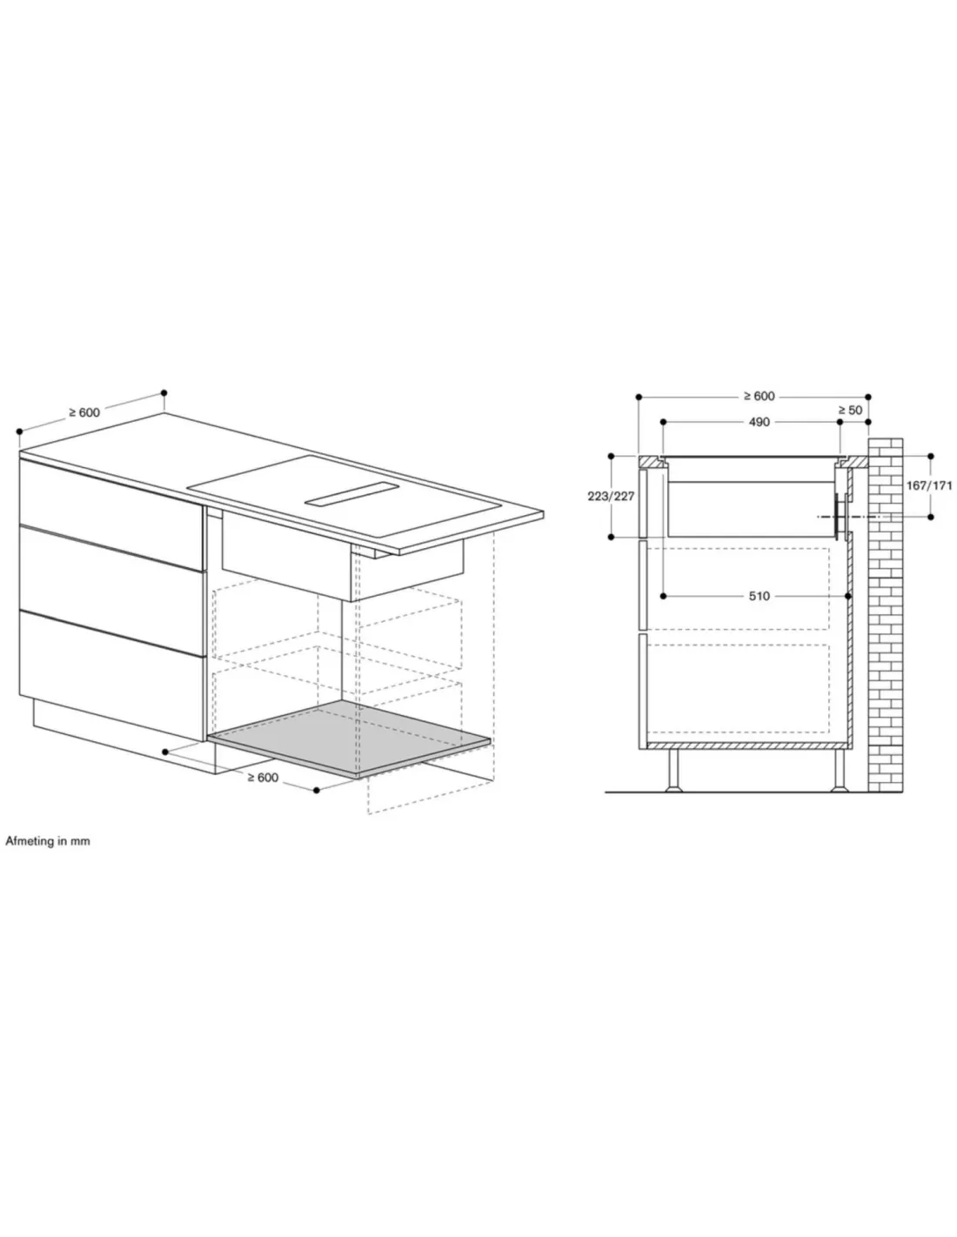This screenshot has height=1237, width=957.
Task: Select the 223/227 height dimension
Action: tap(611, 496)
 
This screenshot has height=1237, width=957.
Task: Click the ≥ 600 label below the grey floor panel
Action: tap(263, 778)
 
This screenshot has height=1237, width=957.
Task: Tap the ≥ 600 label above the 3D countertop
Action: tap(84, 412)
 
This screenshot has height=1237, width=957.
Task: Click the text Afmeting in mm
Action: tap(48, 841)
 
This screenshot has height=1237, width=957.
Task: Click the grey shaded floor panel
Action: tap(348, 739)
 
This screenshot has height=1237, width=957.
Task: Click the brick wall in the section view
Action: tap(886, 615)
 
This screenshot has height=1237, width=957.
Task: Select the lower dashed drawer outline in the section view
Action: tap(738, 689)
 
